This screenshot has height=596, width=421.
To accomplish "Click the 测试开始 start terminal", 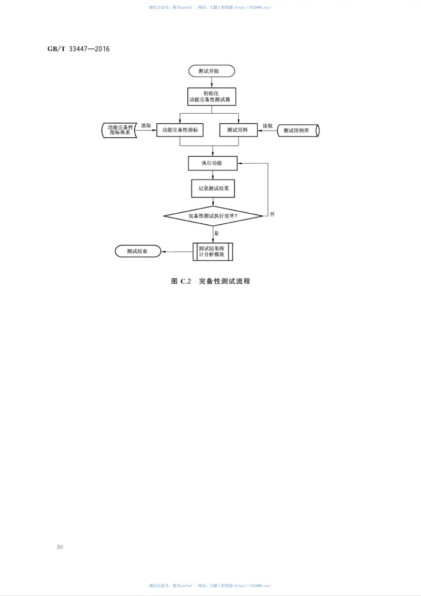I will click(x=212, y=71).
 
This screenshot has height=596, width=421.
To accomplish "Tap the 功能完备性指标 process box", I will click(x=180, y=130).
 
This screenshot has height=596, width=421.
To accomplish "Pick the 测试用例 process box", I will click(x=237, y=130).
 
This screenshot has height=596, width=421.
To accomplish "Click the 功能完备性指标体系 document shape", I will click(x=120, y=130).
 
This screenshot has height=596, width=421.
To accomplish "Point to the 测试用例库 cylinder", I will click(x=298, y=131).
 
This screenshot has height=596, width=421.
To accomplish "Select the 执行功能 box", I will click(x=212, y=163).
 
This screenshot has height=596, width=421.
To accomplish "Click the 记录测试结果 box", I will click(x=213, y=188).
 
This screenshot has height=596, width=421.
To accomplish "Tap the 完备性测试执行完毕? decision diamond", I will click(x=213, y=216).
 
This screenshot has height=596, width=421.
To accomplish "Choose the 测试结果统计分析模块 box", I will click(x=212, y=251).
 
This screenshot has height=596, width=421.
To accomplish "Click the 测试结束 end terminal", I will click(x=137, y=252).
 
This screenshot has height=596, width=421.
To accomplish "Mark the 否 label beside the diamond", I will click(x=272, y=214).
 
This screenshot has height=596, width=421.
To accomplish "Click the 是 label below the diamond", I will click(x=216, y=232).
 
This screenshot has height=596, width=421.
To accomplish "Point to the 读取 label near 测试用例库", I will click(x=268, y=126).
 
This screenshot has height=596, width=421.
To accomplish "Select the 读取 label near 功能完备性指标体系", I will click(x=146, y=126).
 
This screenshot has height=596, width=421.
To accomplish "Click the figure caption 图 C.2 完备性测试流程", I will click(x=210, y=282).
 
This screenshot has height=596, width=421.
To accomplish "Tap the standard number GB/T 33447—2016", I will click(x=78, y=49).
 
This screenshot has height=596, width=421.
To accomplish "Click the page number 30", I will click(x=59, y=547).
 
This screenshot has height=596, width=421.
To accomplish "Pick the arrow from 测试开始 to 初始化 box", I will click(x=212, y=82).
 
